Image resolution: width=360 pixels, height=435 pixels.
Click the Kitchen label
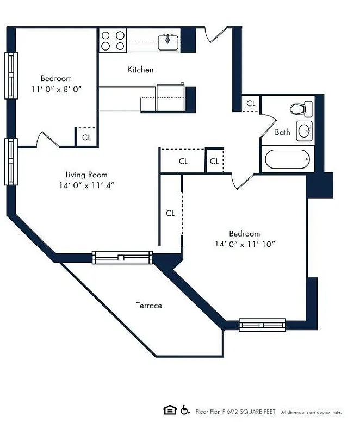tap(140, 70)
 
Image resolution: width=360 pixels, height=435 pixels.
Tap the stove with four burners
tap(113, 41)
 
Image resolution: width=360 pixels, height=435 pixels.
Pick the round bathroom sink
tap(304, 130)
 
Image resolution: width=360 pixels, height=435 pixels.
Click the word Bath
tap(282, 132)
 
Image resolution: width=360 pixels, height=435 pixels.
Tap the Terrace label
tap(149, 306)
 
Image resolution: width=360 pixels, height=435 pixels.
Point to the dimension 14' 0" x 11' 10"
tap(244, 244)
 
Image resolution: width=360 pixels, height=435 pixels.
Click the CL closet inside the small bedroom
tap(86, 138)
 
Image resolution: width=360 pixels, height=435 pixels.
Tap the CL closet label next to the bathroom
tap(251, 103)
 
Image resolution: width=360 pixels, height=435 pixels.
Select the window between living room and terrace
tap(122, 257)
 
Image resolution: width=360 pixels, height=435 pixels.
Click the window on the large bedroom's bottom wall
tap(263, 325)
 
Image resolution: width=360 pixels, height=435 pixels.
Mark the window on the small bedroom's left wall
tap(11, 75)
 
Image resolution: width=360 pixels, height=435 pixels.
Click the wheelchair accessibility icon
tap(185, 411)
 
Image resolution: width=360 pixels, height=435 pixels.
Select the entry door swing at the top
tap(215, 35)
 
